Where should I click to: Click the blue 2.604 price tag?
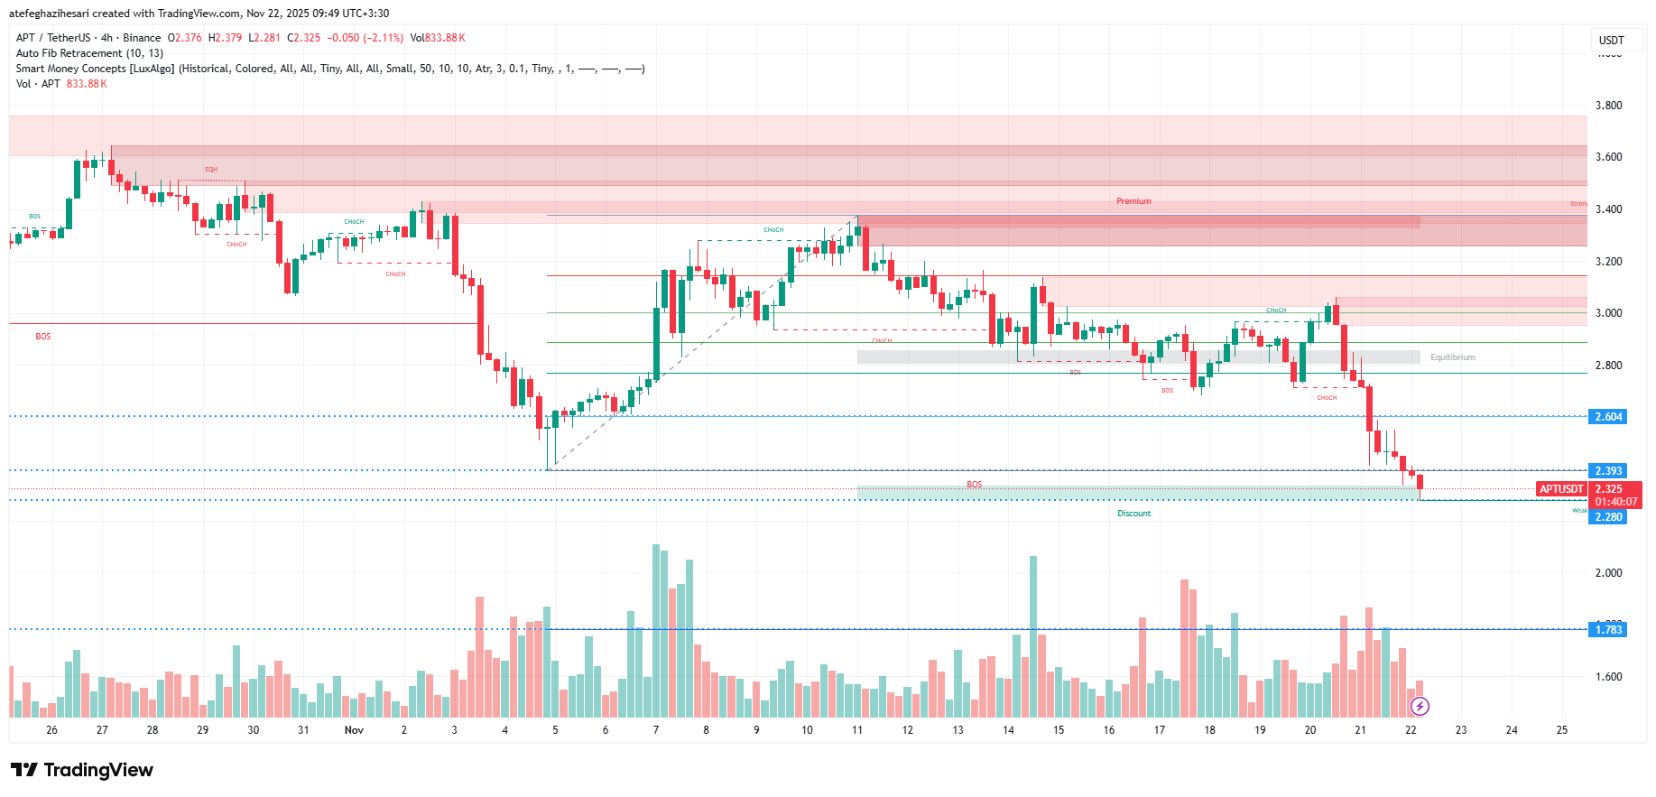(1607, 417)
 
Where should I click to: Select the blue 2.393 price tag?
(1607, 471)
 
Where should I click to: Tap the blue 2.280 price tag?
(1607, 517)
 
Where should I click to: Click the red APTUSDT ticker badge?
(1561, 489)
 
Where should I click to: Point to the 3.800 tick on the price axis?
(1608, 106)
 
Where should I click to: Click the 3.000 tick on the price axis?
(1608, 313)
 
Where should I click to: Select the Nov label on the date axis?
(354, 730)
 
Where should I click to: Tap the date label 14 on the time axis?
(1008, 730)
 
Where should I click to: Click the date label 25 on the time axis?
(1562, 730)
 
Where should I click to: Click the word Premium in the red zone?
(1133, 201)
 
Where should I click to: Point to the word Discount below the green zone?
(1133, 514)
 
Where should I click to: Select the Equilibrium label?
(1452, 357)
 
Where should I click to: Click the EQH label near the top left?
(210, 170)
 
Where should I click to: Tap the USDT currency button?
(1611, 40)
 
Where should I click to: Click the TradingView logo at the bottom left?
(82, 770)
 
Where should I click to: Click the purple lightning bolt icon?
(1420, 706)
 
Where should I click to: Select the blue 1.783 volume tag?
(1607, 630)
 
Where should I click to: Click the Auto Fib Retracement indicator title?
(89, 53)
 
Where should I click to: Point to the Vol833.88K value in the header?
(438, 38)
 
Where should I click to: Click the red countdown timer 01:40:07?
(1615, 502)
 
